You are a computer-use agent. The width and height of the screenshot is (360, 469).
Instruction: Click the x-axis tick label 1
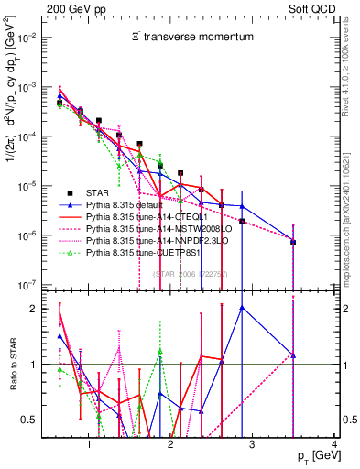[89, 445]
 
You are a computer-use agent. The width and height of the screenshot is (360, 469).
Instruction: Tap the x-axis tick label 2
[171, 445]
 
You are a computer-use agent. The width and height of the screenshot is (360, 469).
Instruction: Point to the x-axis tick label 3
[254, 445]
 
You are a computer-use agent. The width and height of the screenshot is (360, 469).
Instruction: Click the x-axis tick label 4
[335, 445]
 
